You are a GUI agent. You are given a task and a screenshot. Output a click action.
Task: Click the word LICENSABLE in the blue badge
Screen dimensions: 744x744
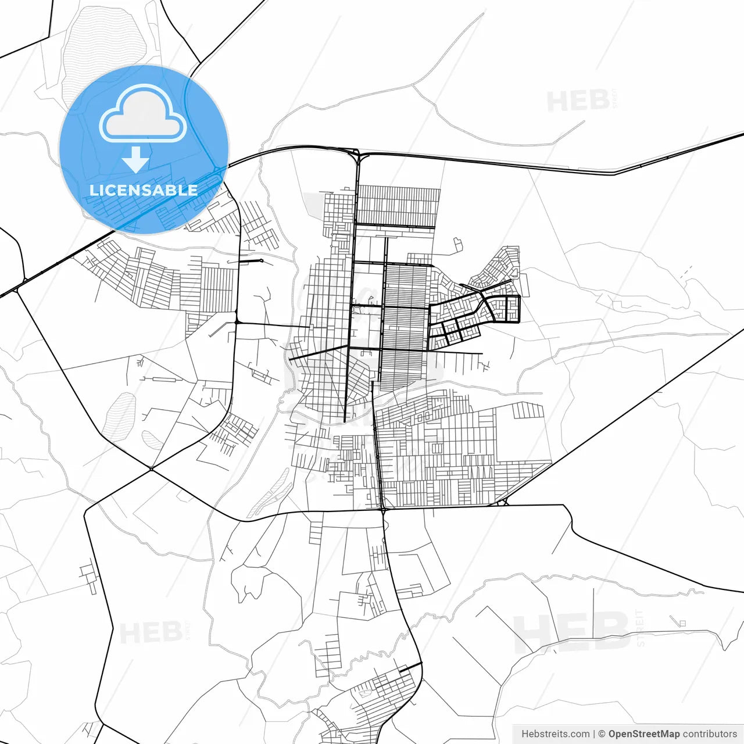[143, 190]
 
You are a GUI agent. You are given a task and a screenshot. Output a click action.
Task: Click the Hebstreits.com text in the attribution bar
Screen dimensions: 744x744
[556, 734]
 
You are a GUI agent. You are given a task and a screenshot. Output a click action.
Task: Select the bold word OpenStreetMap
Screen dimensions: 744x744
[644, 734]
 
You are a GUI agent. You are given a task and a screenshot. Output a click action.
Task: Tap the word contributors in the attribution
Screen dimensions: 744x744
[710, 734]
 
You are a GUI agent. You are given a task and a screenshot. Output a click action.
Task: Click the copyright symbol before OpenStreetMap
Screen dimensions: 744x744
[602, 734]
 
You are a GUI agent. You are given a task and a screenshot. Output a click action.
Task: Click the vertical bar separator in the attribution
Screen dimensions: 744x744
[594, 734]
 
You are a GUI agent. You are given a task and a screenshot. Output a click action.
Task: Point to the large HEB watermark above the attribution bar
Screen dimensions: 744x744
[572, 631]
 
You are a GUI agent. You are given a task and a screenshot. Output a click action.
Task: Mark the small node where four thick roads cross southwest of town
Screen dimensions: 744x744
[151, 468]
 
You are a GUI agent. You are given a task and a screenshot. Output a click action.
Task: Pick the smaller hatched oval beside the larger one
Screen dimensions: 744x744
[153, 440]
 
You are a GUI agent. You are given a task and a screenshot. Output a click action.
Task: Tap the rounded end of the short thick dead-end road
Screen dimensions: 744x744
[262, 260]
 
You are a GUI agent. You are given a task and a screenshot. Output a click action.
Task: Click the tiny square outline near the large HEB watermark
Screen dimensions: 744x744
[683, 624]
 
